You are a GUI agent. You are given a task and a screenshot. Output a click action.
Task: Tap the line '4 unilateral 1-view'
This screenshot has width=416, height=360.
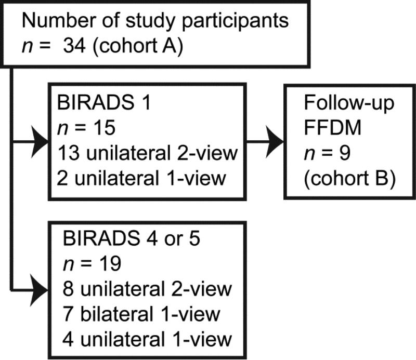tap(147, 340)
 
